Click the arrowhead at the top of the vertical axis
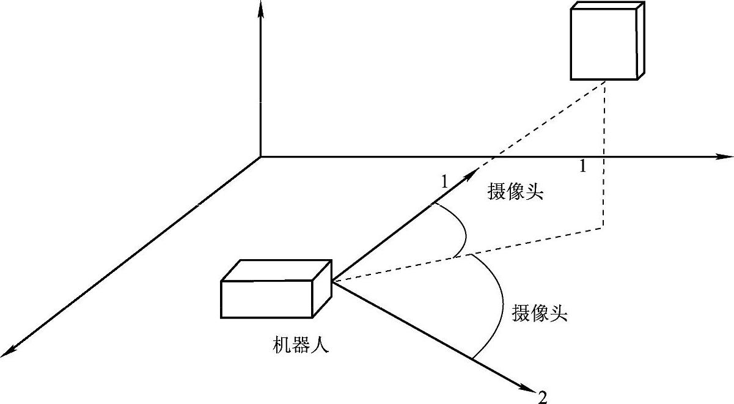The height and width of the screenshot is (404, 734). (x=261, y=9)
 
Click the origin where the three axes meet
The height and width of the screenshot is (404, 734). (x=261, y=157)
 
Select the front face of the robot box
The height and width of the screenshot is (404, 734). (x=266, y=299)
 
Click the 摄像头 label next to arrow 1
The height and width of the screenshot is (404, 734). (x=515, y=193)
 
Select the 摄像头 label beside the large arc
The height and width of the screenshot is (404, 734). (x=540, y=314)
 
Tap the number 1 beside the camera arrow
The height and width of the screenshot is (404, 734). (x=444, y=181)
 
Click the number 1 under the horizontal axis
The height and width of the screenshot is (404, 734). (x=582, y=166)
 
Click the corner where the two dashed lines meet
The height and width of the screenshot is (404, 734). (x=604, y=227)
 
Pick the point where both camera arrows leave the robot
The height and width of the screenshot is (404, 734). (x=332, y=281)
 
